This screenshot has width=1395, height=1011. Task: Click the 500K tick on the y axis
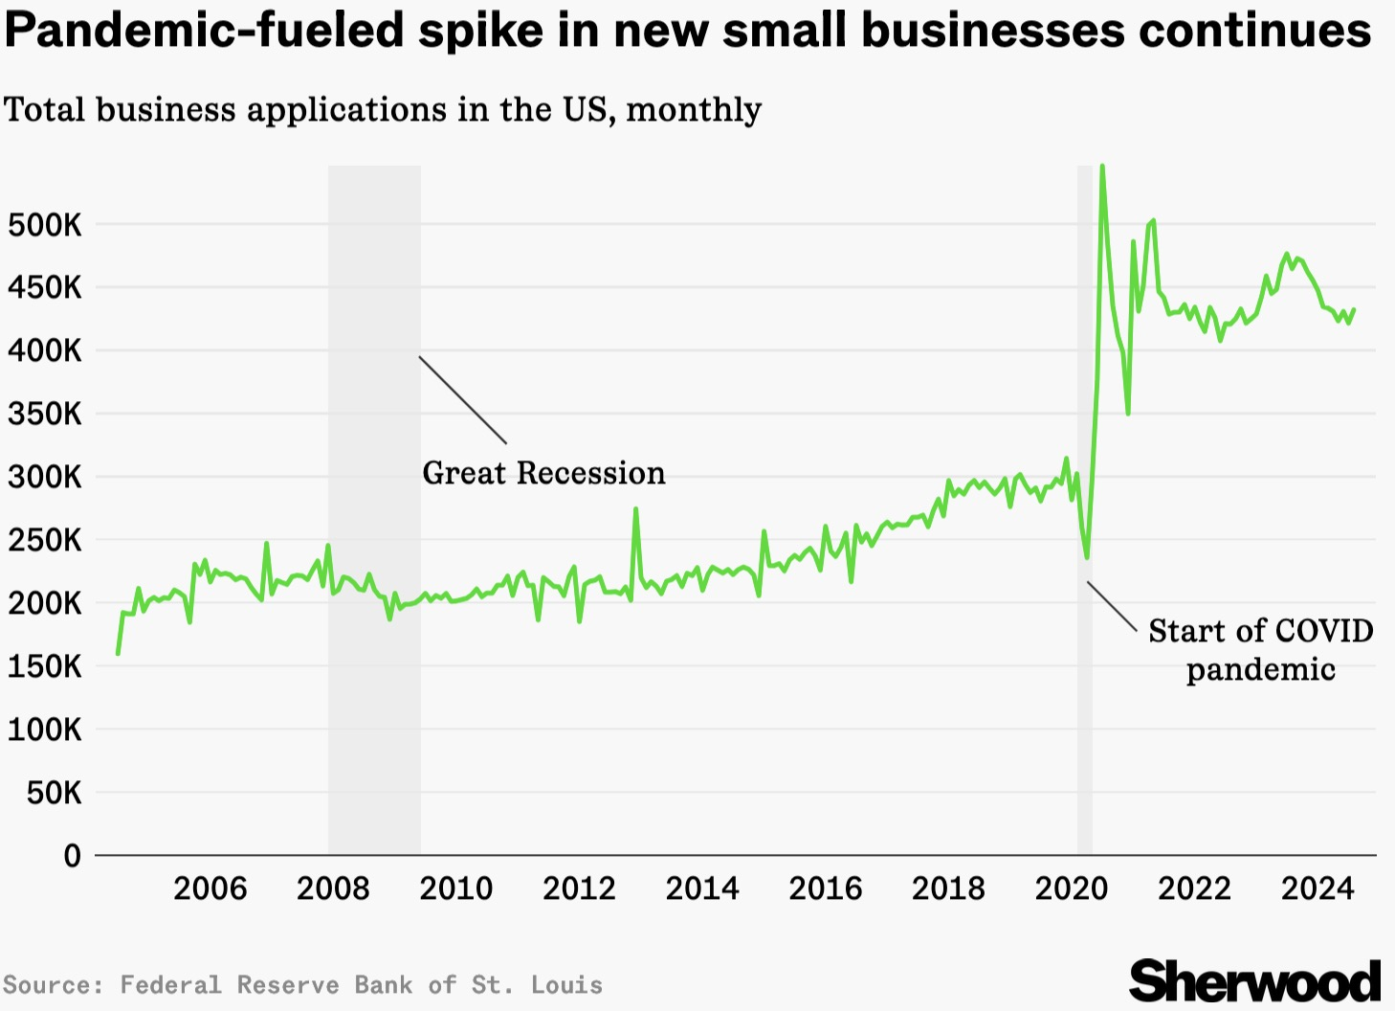(x=45, y=226)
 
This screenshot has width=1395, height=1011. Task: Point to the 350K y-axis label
(x=45, y=415)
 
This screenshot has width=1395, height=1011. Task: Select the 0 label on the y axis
(x=72, y=856)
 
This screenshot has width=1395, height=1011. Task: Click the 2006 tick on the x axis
(x=210, y=888)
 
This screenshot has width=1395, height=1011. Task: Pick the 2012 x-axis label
(x=579, y=888)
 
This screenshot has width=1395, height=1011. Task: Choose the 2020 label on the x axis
(x=1072, y=888)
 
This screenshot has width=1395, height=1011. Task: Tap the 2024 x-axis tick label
(x=1317, y=888)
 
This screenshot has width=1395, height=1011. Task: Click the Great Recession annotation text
(x=543, y=473)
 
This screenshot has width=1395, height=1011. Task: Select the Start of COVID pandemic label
(x=1260, y=649)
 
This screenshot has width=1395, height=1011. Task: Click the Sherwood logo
(x=1254, y=981)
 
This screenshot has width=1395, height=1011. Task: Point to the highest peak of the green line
(x=1102, y=167)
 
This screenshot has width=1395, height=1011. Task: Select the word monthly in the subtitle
(x=694, y=110)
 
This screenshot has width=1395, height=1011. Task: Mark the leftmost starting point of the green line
(x=118, y=654)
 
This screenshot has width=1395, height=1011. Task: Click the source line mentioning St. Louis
(x=302, y=985)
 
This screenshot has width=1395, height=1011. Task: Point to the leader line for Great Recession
(x=462, y=399)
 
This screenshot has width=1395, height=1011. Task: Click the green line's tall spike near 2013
(x=635, y=509)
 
